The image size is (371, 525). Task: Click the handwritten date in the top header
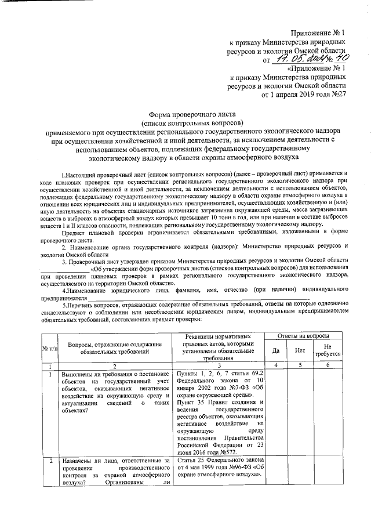pyautogui.click(x=299, y=59)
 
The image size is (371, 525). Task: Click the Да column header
pyautogui.click(x=275, y=350)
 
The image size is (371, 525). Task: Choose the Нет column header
pyautogui.click(x=300, y=350)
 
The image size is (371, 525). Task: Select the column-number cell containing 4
pyautogui.click(x=275, y=366)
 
